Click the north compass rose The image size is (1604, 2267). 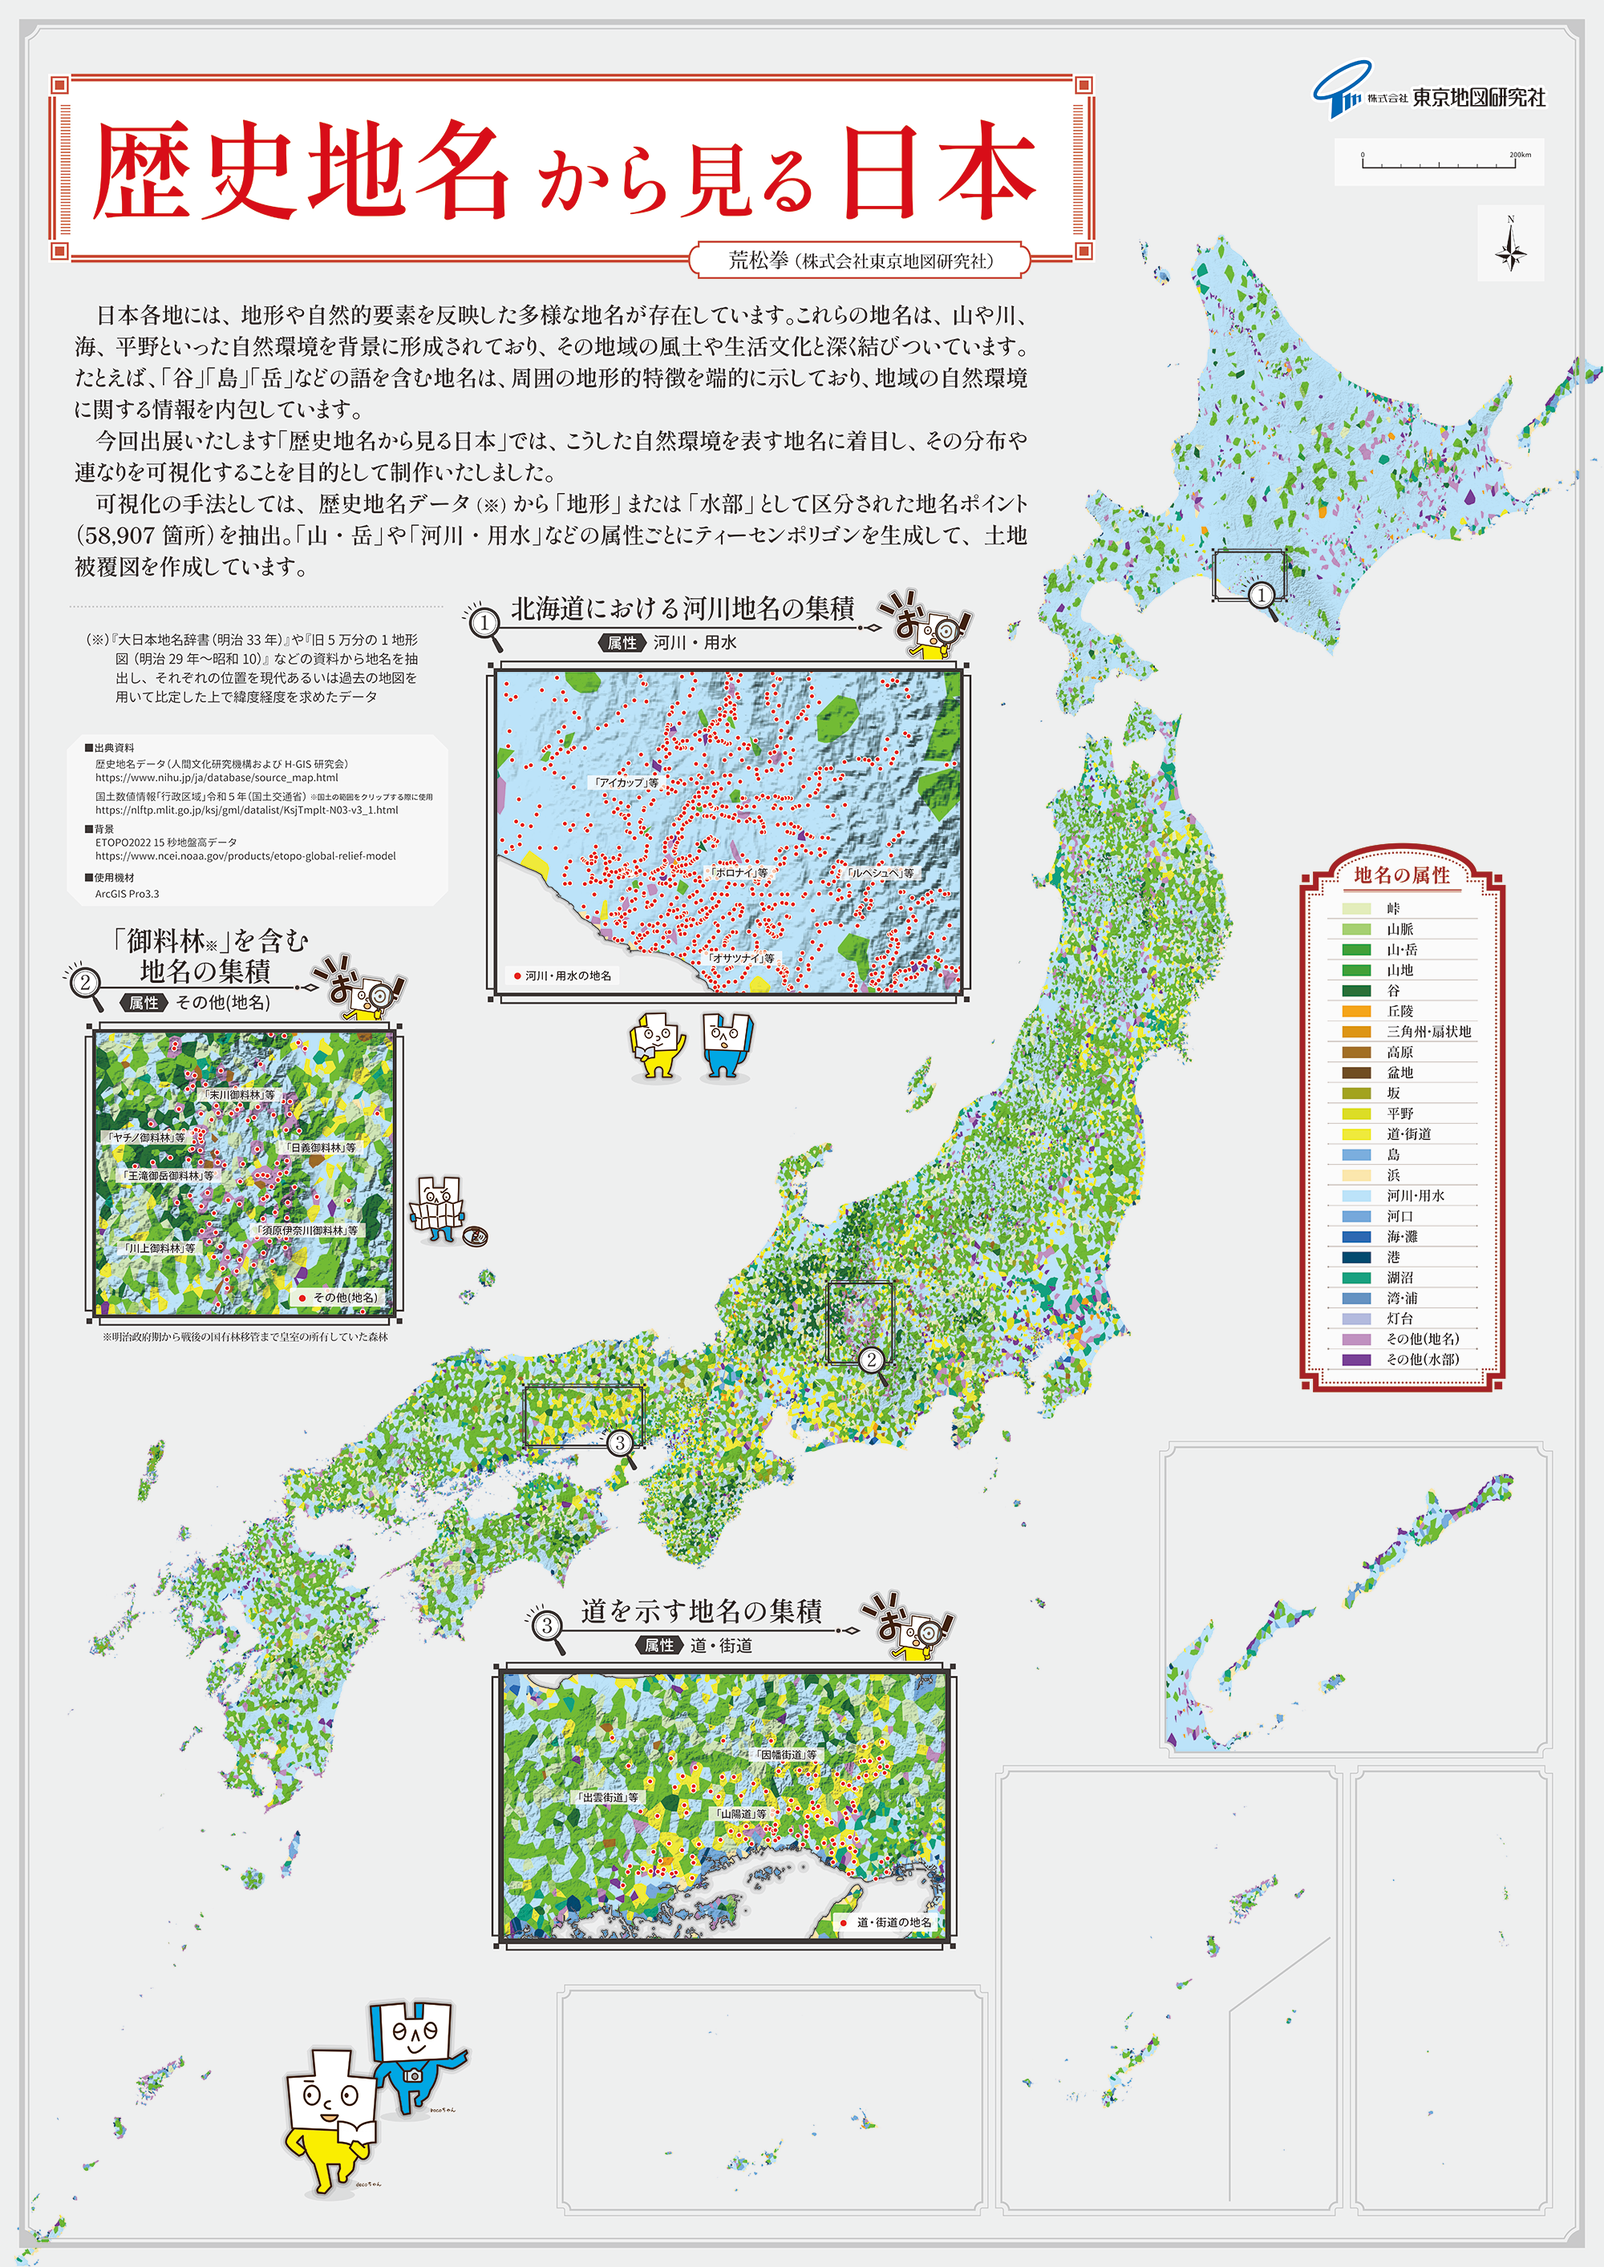click(1510, 244)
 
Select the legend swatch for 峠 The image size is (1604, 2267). click(1355, 908)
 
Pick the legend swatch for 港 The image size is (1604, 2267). click(1355, 1257)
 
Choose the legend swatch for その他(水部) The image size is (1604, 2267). click(1355, 1360)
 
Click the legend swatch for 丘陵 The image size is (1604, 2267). click(1355, 1011)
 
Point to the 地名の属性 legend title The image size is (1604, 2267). click(1402, 875)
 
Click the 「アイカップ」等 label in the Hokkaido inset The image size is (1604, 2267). click(626, 782)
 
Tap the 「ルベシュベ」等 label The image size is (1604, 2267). click(880, 873)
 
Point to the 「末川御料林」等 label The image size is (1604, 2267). click(239, 1095)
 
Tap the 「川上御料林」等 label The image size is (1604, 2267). click(159, 1248)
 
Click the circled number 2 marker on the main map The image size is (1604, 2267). click(870, 1360)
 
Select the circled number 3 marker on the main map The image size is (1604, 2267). click(619, 1443)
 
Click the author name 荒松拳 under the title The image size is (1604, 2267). click(759, 261)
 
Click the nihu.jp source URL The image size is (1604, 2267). click(217, 777)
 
